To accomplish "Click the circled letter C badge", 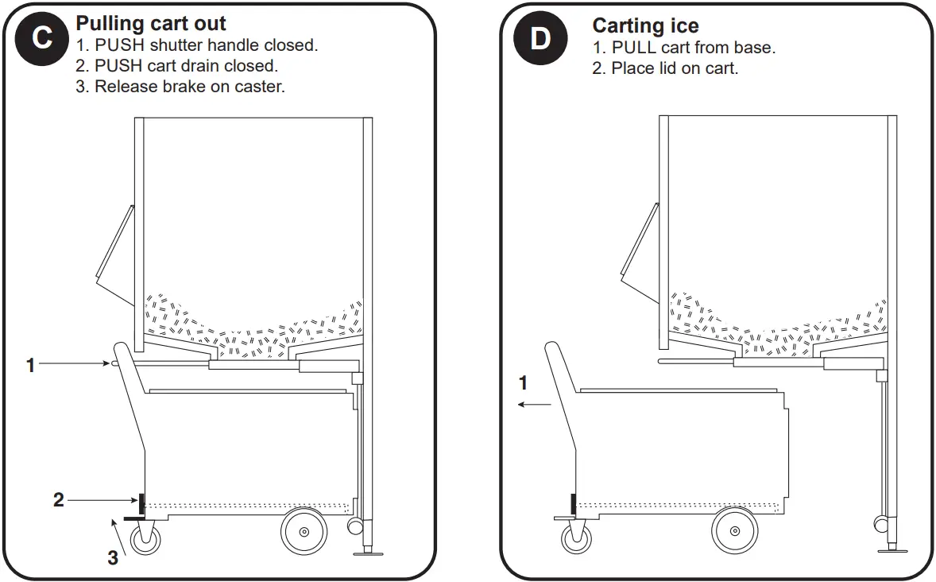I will (42, 38).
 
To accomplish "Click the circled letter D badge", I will (540, 38).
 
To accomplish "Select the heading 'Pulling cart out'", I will (151, 24).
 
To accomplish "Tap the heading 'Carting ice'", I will (645, 27).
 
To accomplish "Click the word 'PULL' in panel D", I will (633, 48).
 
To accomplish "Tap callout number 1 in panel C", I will (31, 366).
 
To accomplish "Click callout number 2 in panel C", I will (58, 500).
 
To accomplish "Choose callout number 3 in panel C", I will (113, 558).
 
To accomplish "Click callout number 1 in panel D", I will (523, 383).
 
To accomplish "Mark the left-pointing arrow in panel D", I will (533, 405).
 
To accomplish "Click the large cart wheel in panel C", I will (304, 532).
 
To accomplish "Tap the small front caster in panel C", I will (145, 538).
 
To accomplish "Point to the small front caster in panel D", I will (574, 537).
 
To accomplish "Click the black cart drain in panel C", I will (141, 502).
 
